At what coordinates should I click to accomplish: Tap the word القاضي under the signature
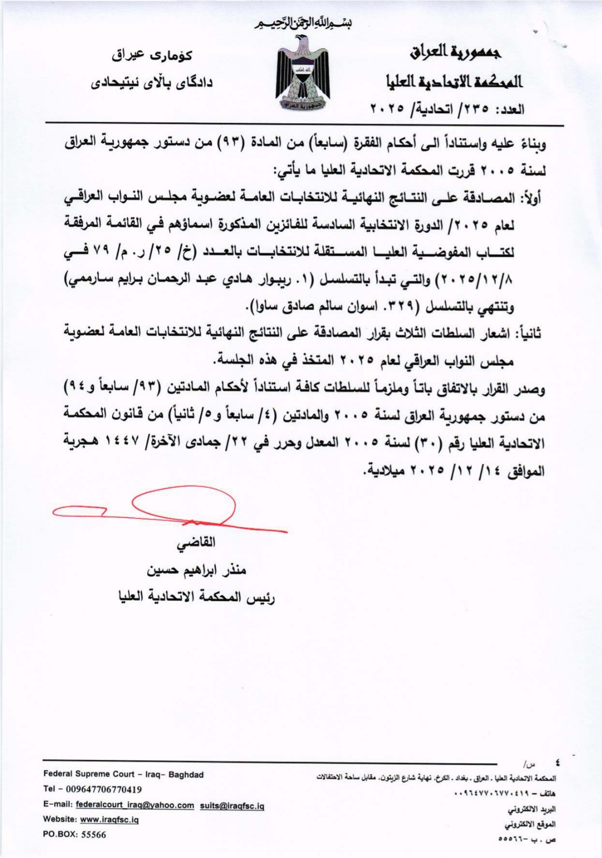[x=196, y=543]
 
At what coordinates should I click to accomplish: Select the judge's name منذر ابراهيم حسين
[x=196, y=570]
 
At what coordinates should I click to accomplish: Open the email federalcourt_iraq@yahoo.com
[x=135, y=805]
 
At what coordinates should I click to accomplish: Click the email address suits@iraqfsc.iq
[x=232, y=805]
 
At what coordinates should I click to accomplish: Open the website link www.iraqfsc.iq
[x=109, y=820]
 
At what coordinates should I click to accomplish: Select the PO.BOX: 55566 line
[x=75, y=834]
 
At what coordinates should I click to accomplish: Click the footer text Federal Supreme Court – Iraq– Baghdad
[x=123, y=774]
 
